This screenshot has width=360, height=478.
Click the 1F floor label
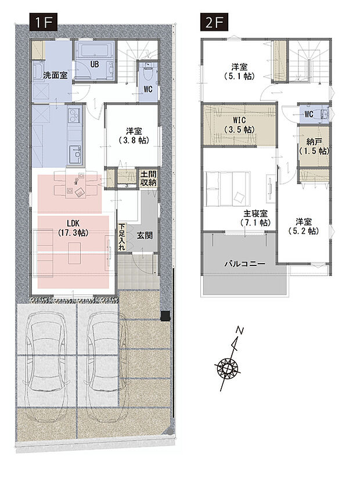43,22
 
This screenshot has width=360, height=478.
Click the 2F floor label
214,22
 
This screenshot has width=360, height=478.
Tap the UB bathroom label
95,64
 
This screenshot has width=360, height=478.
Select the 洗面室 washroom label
55,75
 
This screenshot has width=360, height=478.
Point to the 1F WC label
148,89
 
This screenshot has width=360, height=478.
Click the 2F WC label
309,114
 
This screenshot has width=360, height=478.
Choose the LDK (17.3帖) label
73,228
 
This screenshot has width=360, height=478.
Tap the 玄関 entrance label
145,236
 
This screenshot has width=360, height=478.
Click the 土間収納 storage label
148,179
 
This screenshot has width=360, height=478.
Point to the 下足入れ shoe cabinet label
122,237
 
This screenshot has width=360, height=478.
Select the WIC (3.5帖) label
239,125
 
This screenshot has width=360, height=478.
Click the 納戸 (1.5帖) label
314,147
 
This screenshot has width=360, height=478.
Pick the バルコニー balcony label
245,264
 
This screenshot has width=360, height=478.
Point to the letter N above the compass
240,330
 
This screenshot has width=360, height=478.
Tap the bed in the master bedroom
228,189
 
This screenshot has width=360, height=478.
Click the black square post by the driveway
165,315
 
